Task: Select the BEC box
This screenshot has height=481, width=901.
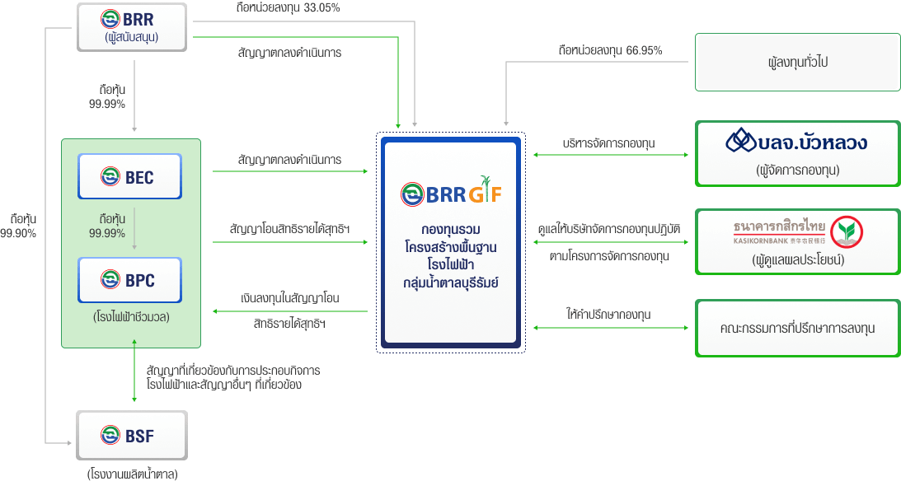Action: (x=129, y=175)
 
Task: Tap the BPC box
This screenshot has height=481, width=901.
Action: (x=129, y=280)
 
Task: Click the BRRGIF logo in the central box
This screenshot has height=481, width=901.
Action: (x=450, y=193)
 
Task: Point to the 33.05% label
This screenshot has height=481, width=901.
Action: (x=287, y=8)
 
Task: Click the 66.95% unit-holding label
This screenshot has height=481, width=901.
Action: (x=610, y=50)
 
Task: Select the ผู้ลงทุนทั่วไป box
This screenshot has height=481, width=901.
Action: (x=796, y=62)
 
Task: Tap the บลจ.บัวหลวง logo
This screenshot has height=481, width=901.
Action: (x=796, y=142)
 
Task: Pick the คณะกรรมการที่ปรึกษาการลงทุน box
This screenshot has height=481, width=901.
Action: (x=796, y=328)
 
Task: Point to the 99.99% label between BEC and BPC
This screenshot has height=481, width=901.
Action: (x=107, y=226)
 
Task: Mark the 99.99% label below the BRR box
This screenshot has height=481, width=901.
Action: (x=107, y=96)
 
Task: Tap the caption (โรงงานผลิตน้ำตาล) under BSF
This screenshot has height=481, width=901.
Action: (x=132, y=473)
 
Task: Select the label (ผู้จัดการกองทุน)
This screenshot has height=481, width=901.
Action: (x=796, y=170)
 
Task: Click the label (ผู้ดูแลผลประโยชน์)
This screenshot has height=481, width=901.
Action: (x=796, y=259)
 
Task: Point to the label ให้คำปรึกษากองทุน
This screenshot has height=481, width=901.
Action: (x=608, y=315)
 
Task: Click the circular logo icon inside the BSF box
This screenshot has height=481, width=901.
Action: (x=110, y=434)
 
